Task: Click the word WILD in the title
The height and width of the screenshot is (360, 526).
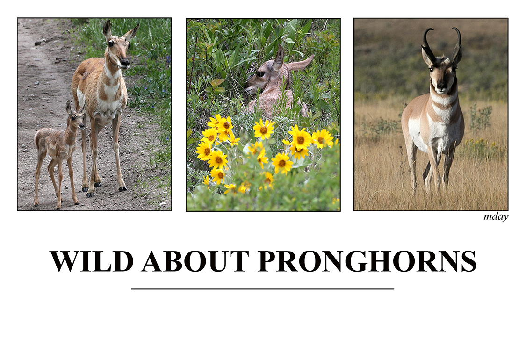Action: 92,261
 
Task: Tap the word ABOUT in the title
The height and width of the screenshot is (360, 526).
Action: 195,261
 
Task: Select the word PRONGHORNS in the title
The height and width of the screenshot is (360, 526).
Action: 367,261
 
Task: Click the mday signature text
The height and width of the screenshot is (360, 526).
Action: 496,217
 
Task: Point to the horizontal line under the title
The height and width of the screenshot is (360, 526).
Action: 263,288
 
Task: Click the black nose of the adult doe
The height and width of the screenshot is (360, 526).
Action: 125,62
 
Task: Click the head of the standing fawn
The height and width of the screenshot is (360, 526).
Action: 76,117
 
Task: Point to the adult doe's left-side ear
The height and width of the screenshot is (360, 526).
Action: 108,30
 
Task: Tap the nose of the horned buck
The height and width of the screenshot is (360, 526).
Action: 441,88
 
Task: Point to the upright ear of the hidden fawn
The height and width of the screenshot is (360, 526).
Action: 279,58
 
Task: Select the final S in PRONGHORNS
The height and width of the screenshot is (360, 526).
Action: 469,261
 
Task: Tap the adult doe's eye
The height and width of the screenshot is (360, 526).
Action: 111,44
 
